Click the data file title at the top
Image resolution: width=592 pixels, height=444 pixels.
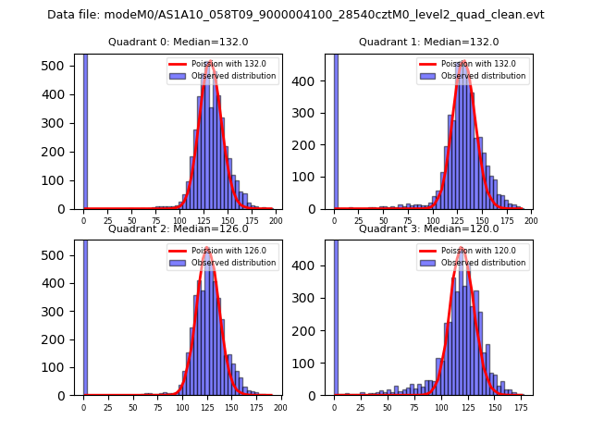click(x=296, y=15)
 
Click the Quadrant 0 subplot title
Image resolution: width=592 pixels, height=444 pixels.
click(x=179, y=43)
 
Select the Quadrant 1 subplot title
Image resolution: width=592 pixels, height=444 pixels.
click(x=428, y=43)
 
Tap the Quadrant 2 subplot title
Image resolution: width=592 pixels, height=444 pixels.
click(x=179, y=228)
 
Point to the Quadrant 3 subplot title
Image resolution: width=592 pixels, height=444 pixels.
click(x=428, y=228)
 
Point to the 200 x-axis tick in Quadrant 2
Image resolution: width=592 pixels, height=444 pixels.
click(x=280, y=407)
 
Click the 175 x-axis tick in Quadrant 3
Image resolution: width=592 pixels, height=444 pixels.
click(x=521, y=407)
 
